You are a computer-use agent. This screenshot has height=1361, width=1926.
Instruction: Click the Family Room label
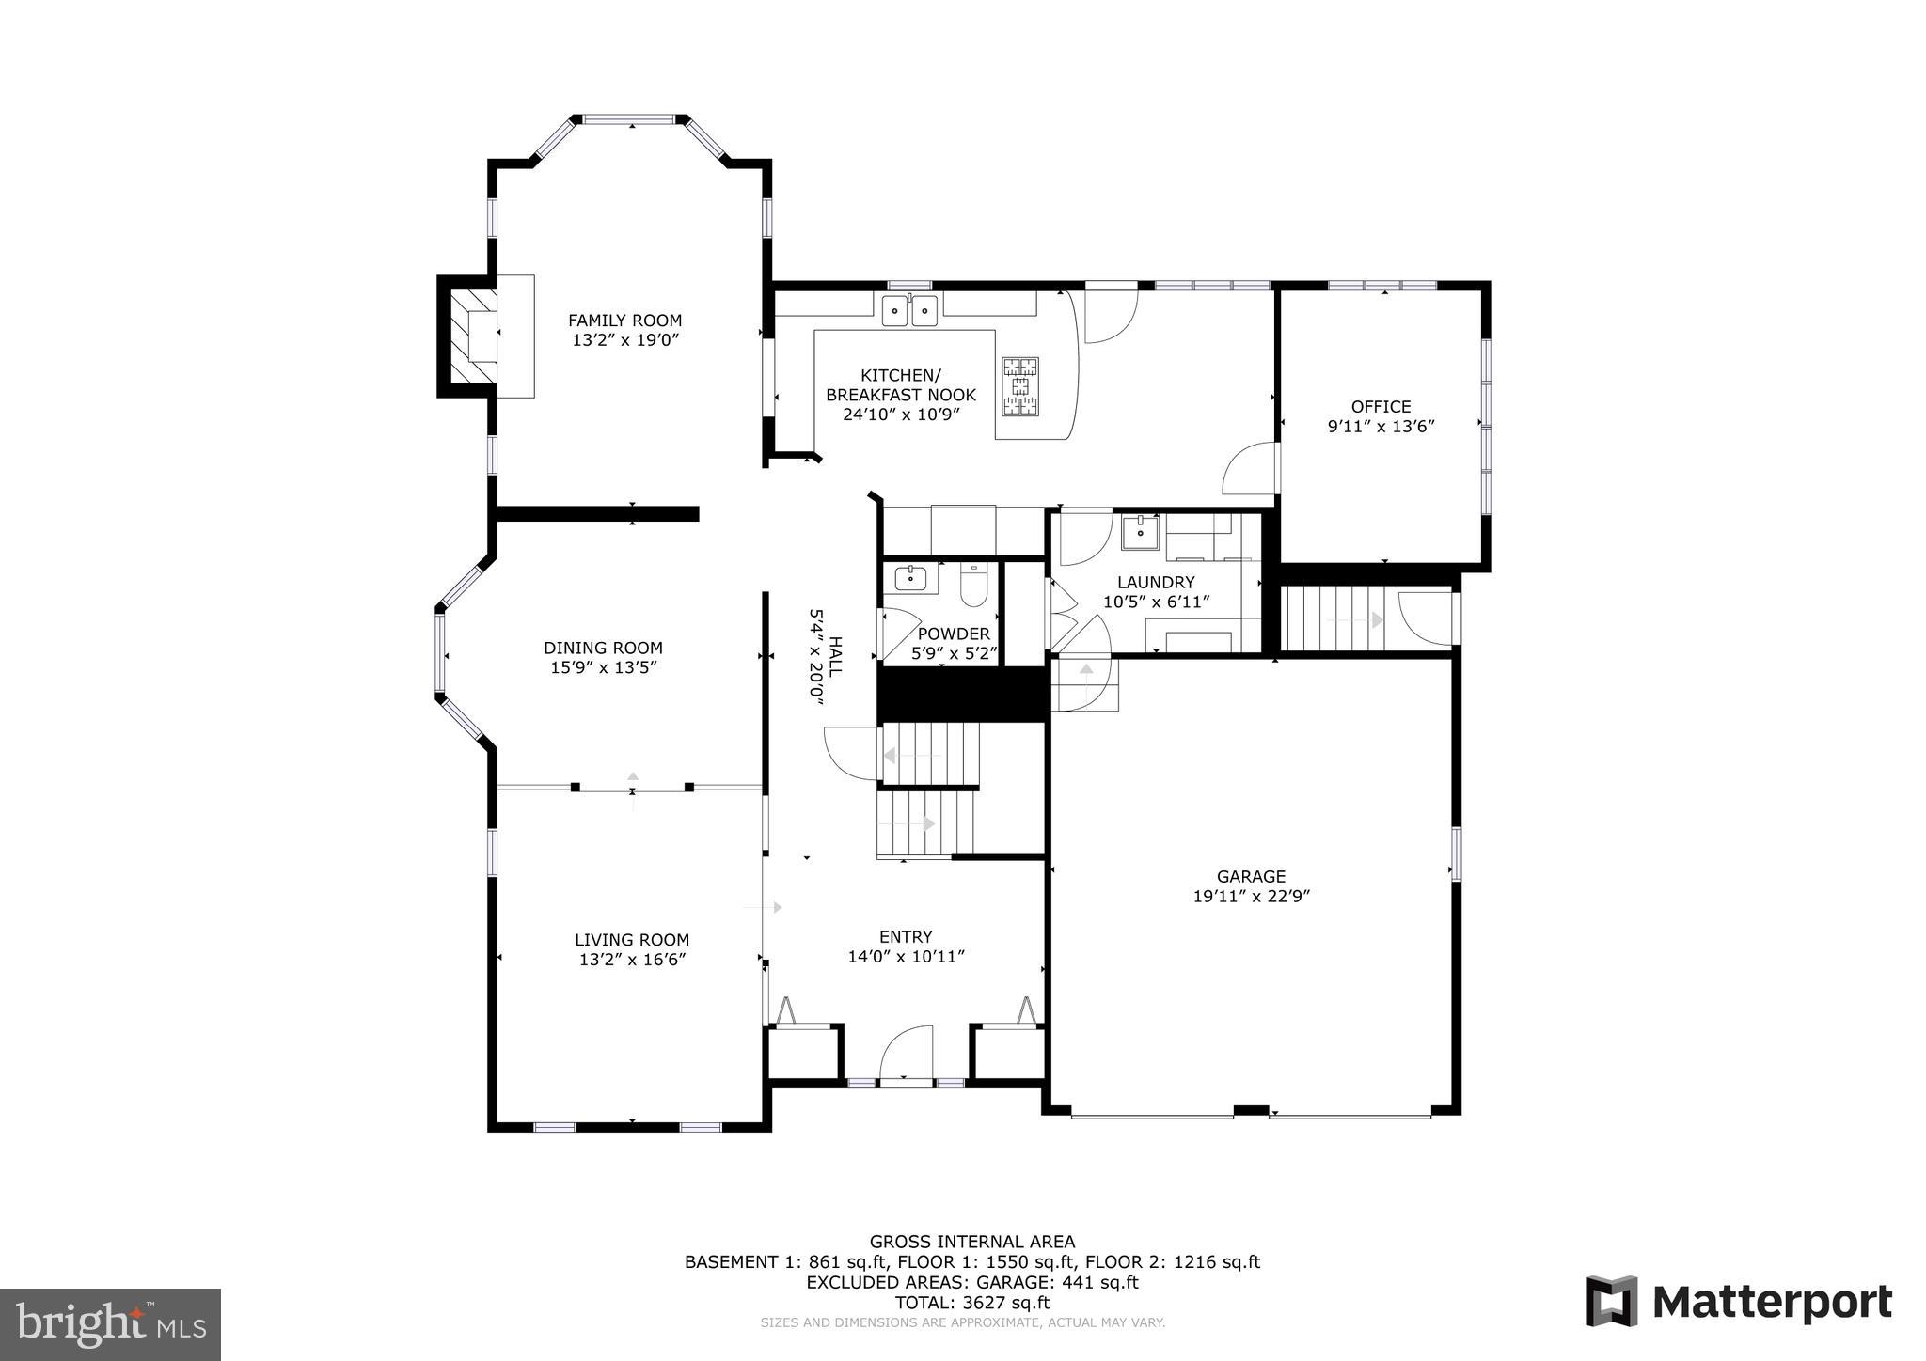624,321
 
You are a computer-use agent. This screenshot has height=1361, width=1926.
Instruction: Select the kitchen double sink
909,310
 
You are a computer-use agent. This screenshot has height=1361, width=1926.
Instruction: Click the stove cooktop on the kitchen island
1020,385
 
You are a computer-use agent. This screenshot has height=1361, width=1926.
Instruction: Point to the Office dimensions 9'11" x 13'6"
1381,427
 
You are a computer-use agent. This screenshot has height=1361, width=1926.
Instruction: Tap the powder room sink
910,579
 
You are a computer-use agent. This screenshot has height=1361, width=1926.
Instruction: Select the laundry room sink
1141,532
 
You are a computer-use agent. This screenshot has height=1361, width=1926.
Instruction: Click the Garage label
1251,876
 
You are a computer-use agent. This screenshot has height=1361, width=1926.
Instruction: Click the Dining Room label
603,648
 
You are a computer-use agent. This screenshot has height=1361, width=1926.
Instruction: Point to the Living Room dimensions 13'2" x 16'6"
632,960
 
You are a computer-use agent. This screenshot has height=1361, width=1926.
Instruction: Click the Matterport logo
1738,1302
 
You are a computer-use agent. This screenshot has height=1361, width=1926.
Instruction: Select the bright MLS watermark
110,1324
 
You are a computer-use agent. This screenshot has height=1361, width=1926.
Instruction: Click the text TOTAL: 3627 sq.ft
972,1303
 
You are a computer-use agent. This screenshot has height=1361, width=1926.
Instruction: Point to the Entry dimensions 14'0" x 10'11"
906,957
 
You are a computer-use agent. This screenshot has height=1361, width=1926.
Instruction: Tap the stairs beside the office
1334,618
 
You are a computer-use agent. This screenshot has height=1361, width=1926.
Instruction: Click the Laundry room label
1156,582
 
